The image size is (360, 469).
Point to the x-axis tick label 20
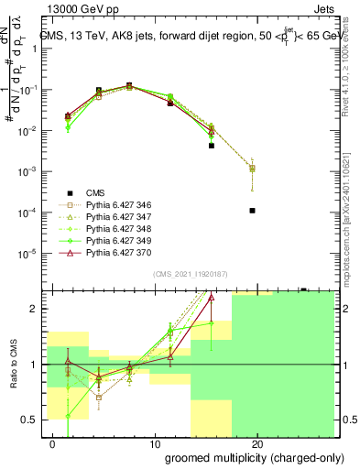click(257, 444)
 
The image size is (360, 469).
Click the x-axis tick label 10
click(154, 444)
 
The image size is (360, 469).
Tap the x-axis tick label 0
click(53, 444)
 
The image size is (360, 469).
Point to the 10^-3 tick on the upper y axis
click(31, 171)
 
